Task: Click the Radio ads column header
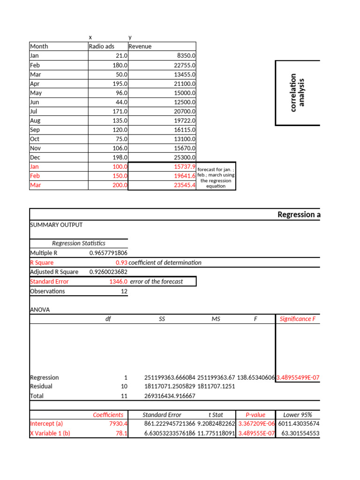tap(101, 46)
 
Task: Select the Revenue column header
tap(140, 46)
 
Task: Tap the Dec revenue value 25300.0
tap(184, 157)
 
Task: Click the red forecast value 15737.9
tap(184, 167)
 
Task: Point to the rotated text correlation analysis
tap(297, 92)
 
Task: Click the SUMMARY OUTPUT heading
tap(56, 225)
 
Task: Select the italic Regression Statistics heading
tap(78, 243)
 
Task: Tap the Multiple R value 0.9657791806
tap(108, 253)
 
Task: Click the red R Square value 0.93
tap(121, 262)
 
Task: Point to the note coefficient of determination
tap(165, 262)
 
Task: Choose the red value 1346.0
tap(119, 282)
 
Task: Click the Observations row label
tap(47, 291)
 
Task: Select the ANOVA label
tap(40, 310)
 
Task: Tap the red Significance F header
tap(298, 319)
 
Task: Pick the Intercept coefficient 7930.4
tap(119, 424)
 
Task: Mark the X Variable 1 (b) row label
tap(50, 433)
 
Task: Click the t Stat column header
tap(216, 415)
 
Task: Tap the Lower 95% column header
tap(298, 415)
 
